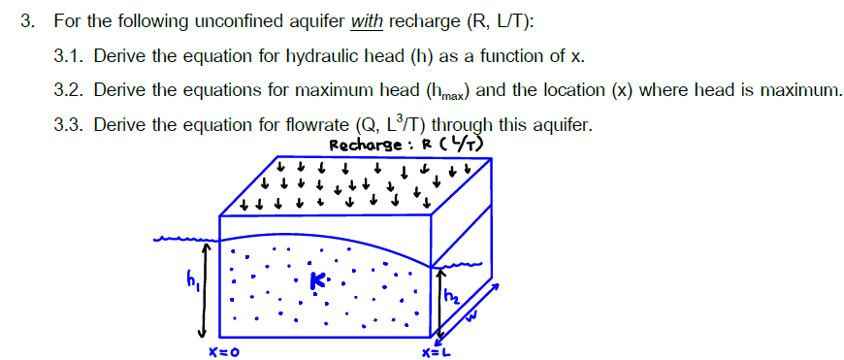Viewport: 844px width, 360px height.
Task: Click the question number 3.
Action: coord(28,20)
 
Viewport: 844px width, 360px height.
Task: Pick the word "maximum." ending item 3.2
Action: coord(798,90)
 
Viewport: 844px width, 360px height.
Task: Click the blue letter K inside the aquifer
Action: coord(317,282)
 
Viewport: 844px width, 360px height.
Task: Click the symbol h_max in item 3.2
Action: coord(444,92)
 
